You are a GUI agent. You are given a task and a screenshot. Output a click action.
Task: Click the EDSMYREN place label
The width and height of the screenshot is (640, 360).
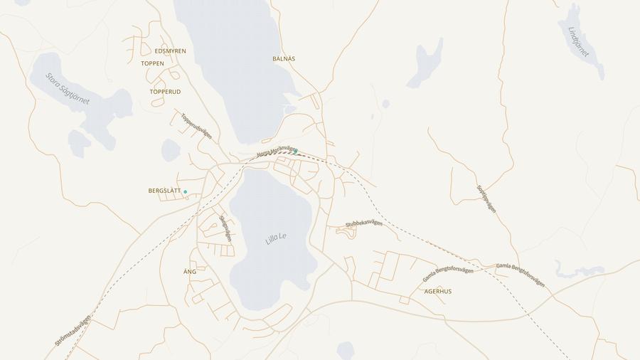pos(170,51)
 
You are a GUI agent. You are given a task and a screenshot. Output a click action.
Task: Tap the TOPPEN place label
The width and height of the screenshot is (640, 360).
pos(152,63)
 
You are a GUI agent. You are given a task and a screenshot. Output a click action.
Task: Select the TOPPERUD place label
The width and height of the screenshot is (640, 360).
pos(165,92)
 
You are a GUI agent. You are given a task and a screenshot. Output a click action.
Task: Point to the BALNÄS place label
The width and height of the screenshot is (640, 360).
pos(284,58)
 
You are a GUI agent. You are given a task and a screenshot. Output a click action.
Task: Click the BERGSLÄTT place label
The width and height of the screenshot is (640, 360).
pos(164,191)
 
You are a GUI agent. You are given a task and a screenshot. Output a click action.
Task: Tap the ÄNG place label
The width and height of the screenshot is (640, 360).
pos(190,272)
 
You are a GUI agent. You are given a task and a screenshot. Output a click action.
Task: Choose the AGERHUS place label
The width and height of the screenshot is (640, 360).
pos(437,292)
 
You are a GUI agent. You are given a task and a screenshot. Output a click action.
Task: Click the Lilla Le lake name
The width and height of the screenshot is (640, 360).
pos(276,238)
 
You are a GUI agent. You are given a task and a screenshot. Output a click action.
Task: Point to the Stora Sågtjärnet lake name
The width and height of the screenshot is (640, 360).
pos(68,89)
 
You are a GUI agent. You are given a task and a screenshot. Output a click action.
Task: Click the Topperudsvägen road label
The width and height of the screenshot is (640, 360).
pos(196,125)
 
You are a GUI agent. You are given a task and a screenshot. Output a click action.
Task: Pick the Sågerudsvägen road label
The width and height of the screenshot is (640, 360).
pos(225,229)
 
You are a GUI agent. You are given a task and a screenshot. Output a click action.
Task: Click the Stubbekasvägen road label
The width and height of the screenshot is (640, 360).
pos(364,224)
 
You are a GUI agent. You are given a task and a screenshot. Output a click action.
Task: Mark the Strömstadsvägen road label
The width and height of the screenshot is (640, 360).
pos(73,330)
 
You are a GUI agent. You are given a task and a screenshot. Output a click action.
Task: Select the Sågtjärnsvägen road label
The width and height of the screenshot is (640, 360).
pos(486,199)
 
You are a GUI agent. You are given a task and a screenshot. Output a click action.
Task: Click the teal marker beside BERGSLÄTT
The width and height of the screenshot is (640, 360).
pos(185,192)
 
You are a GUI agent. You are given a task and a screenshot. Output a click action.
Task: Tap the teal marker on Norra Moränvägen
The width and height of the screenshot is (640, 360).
pos(295,152)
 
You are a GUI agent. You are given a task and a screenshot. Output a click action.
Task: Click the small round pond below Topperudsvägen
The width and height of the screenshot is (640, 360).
pos(171,150)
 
